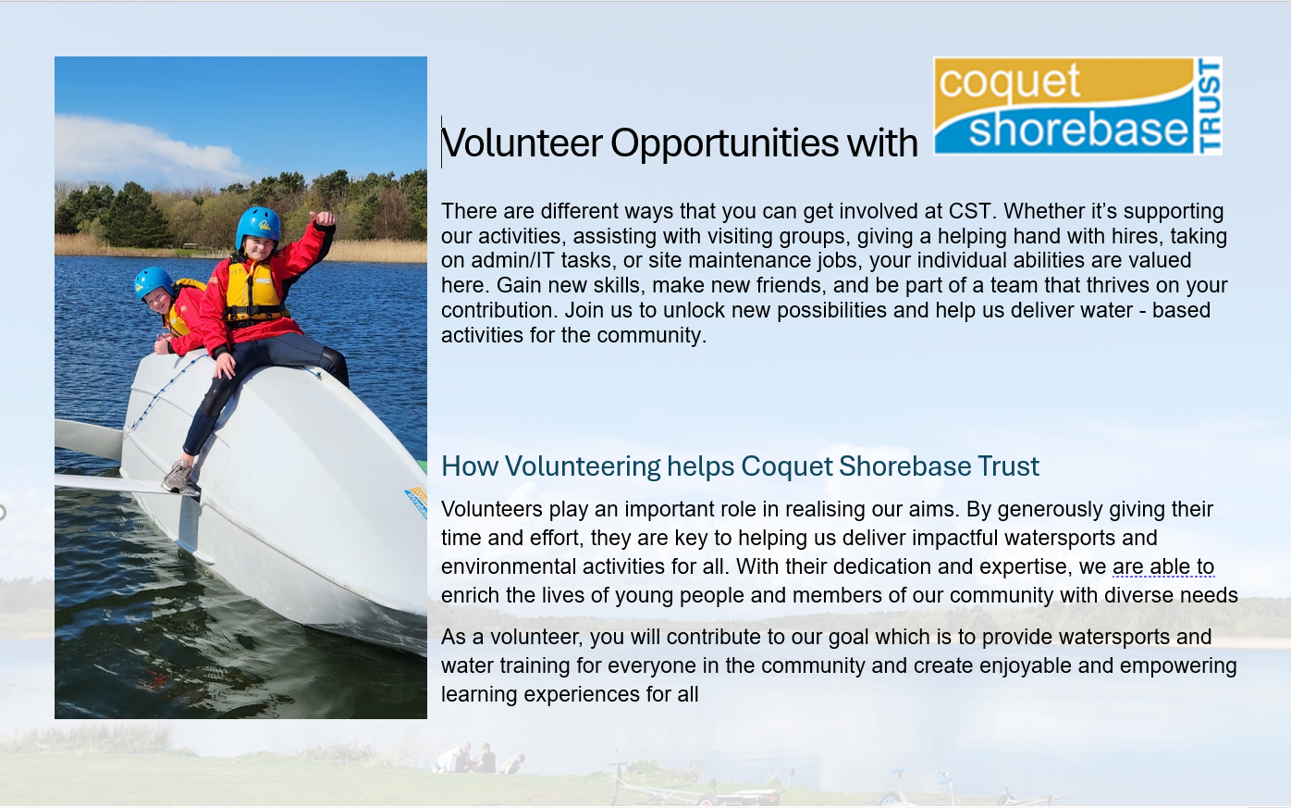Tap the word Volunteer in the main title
point(523,143)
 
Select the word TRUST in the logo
point(1209,106)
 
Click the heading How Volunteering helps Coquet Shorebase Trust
point(740,466)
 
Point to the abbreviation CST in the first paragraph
point(969,211)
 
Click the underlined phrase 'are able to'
point(1162,566)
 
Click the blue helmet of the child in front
point(258,225)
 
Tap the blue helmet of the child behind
point(153,280)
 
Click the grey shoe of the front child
point(177,477)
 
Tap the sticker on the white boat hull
point(416,501)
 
